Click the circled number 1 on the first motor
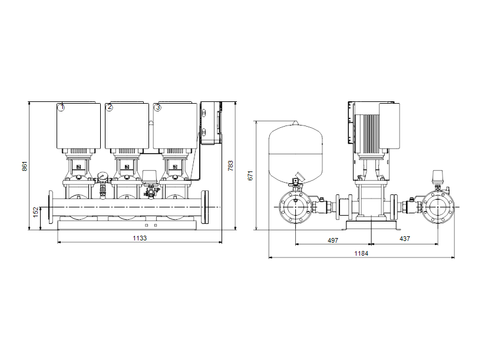[61, 107]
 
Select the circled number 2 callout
[109, 107]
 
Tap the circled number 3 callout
[157, 107]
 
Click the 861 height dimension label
[25, 166]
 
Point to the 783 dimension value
[230, 166]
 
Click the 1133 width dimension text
[139, 239]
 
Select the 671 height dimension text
[250, 176]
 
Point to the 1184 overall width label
[362, 253]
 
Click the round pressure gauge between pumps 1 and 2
[103, 176]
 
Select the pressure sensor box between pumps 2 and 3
[150, 176]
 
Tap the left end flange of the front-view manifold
[51, 207]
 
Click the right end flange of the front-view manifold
[205, 207]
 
